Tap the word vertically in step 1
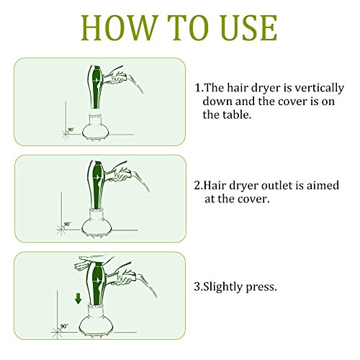(319, 89)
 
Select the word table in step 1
(238, 114)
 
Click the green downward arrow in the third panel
(78, 299)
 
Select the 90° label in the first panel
(71, 130)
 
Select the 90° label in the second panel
(68, 224)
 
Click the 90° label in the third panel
(64, 326)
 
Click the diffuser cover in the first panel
(96, 127)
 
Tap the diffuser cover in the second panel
(96, 222)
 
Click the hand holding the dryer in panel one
(117, 76)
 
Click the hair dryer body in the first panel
(96, 86)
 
